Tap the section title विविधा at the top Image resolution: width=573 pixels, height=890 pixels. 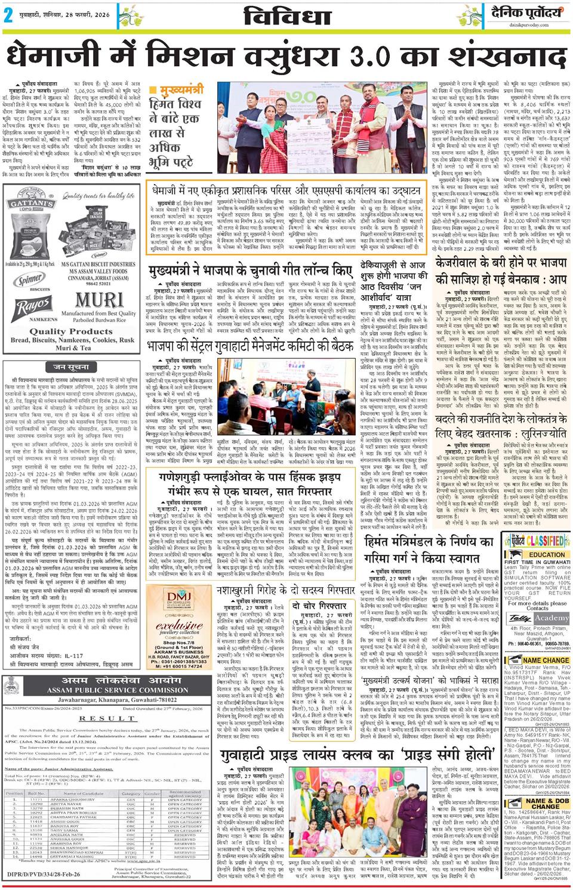pyautogui.click(x=287, y=17)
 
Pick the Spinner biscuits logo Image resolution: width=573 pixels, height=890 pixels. pyautogui.click(x=29, y=280)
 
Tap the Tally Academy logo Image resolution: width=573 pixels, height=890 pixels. pyautogui.click(x=538, y=618)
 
